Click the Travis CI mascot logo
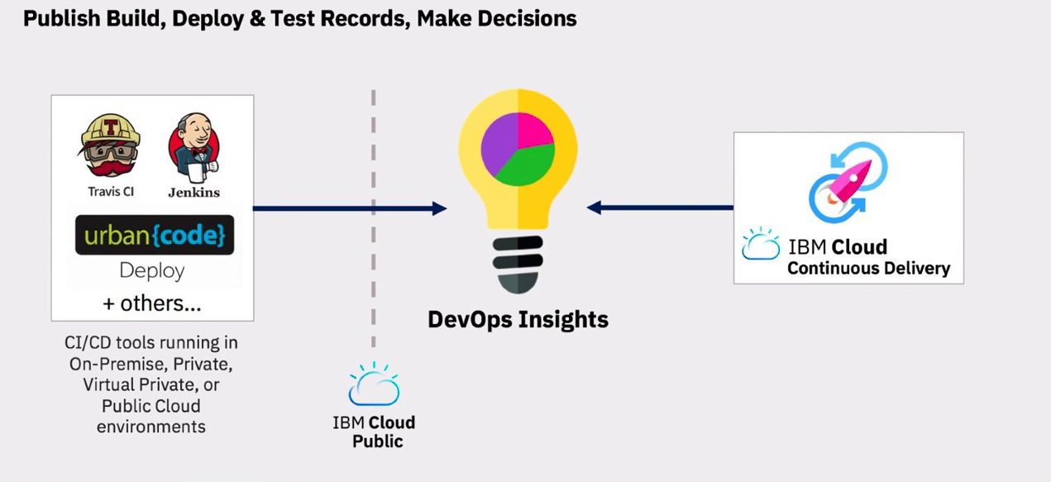[110, 145]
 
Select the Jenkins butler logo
[193, 148]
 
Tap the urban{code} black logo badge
[155, 235]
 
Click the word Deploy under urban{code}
[152, 271]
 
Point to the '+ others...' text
[152, 303]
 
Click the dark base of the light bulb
[518, 265]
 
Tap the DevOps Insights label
[518, 319]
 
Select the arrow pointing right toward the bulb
[350, 208]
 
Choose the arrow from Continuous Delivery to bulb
[660, 207]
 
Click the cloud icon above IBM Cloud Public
[374, 384]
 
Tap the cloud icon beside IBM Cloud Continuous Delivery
[761, 244]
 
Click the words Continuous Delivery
[868, 269]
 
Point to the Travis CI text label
[111, 192]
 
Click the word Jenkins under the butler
[193, 193]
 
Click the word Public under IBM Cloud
[378, 441]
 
